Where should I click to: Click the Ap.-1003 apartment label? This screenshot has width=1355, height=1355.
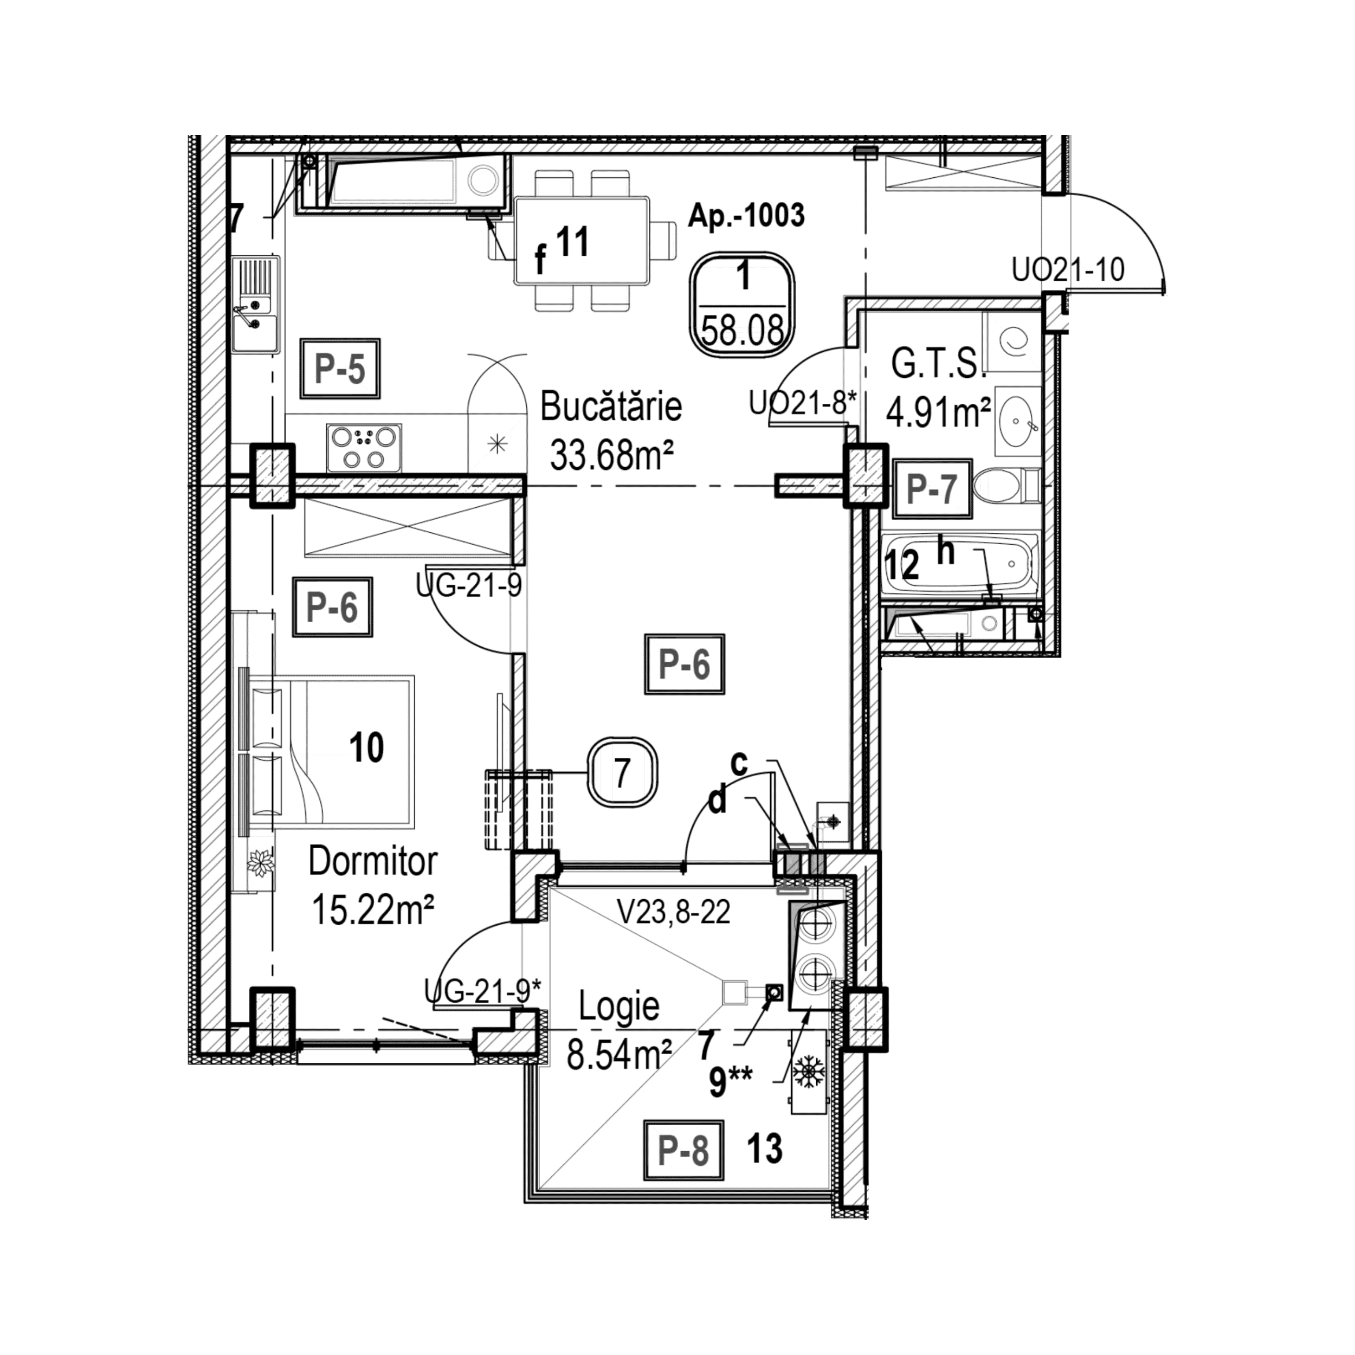[746, 215]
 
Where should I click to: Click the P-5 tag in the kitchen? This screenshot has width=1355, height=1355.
[340, 369]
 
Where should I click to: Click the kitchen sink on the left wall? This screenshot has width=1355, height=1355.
[255, 305]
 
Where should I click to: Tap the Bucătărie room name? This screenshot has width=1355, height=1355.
[611, 407]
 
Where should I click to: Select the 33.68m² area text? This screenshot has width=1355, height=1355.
[611, 455]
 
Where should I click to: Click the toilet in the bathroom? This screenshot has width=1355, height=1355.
[1005, 486]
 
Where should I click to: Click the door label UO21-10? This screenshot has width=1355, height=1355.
[1067, 269]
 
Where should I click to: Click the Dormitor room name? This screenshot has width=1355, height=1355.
[372, 861]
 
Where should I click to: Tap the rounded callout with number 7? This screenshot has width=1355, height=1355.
[621, 773]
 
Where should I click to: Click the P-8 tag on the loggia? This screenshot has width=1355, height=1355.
[683, 1151]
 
